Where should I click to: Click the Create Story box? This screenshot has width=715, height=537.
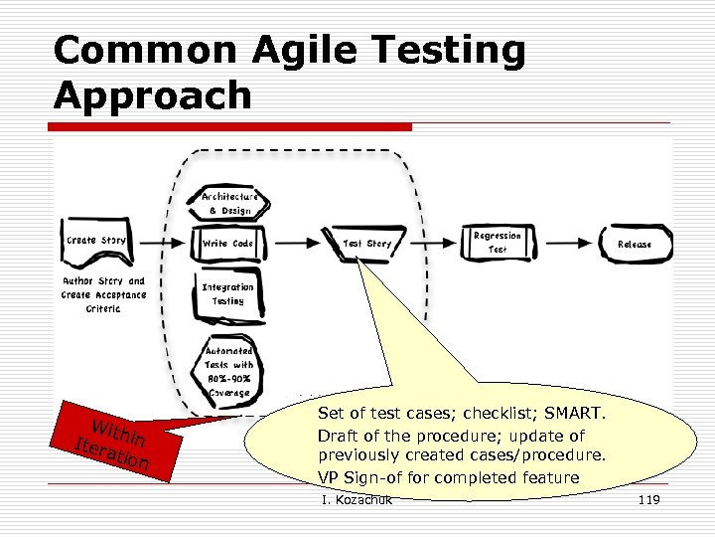pos(95,242)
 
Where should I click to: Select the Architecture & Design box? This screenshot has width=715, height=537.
pos(228,203)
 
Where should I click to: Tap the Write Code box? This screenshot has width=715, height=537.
pos(228,243)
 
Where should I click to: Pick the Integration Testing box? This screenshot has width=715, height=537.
pos(228,293)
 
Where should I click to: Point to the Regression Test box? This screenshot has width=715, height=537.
pos(498,243)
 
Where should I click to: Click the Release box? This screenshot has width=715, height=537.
pos(635,243)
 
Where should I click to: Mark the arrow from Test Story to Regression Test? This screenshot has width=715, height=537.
pos(434,243)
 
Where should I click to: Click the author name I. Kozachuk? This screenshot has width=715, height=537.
pos(357,499)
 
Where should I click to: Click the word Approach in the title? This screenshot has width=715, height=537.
pos(153,95)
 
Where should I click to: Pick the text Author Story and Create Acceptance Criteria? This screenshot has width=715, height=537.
pos(103,294)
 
